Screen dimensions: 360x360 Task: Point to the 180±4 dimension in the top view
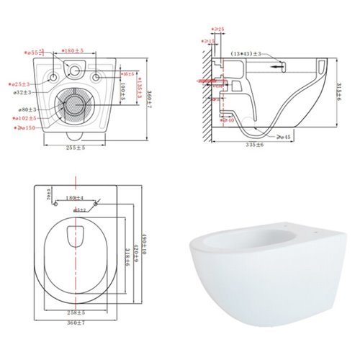(x=75, y=197)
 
